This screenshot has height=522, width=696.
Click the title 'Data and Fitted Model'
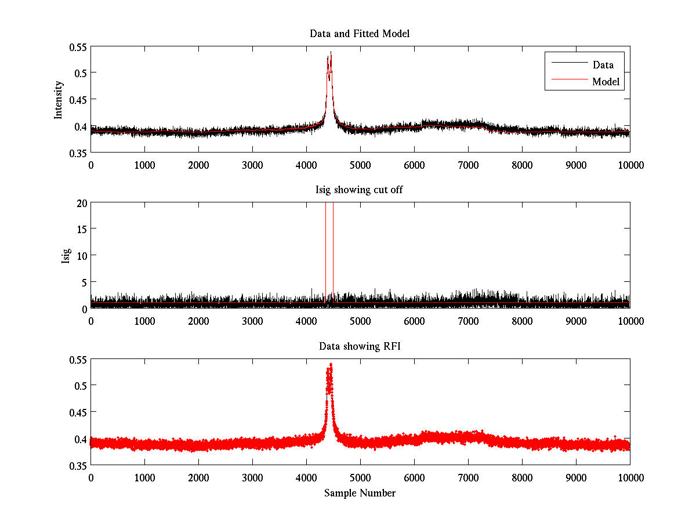pos(360,34)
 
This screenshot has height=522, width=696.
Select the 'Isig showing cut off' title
pos(360,190)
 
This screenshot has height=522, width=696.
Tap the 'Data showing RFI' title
pos(360,346)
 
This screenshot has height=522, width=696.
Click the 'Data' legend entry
pos(603,65)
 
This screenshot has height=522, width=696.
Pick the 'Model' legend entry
pos(606,82)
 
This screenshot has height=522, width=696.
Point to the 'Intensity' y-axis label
pos(58,99)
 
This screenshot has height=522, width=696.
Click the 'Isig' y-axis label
pos(66,256)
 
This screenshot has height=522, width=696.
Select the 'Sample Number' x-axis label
pos(360,493)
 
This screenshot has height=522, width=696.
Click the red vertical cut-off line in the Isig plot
pos(333,255)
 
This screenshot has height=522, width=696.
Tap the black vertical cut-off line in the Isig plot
pos(325,255)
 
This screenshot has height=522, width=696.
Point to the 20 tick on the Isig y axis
pos(81,203)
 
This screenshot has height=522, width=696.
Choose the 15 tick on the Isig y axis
pos(81,229)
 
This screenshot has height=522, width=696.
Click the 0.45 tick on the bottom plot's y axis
pos(77,412)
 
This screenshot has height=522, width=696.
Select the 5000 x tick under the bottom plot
pos(360,477)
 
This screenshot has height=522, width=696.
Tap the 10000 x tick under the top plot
pos(629,164)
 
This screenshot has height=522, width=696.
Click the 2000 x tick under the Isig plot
pos(198,321)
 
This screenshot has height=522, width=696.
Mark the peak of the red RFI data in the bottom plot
pos(331,364)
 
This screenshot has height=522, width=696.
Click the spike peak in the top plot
pos(331,52)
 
